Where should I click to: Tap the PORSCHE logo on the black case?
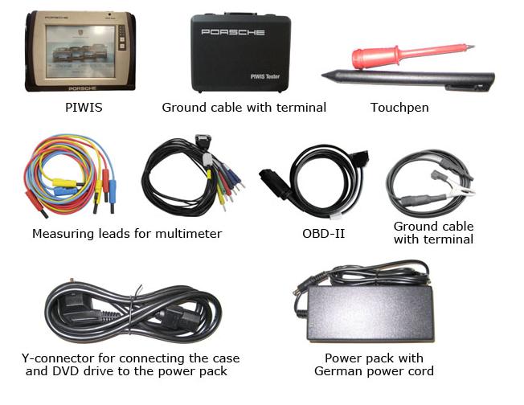pyautogui.click(x=233, y=32)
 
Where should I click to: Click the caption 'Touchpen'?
pyautogui.click(x=399, y=107)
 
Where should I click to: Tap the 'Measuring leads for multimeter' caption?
pyautogui.click(x=127, y=234)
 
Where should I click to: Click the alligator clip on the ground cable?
pyautogui.click(x=461, y=190)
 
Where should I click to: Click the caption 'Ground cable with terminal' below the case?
pyautogui.click(x=244, y=107)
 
